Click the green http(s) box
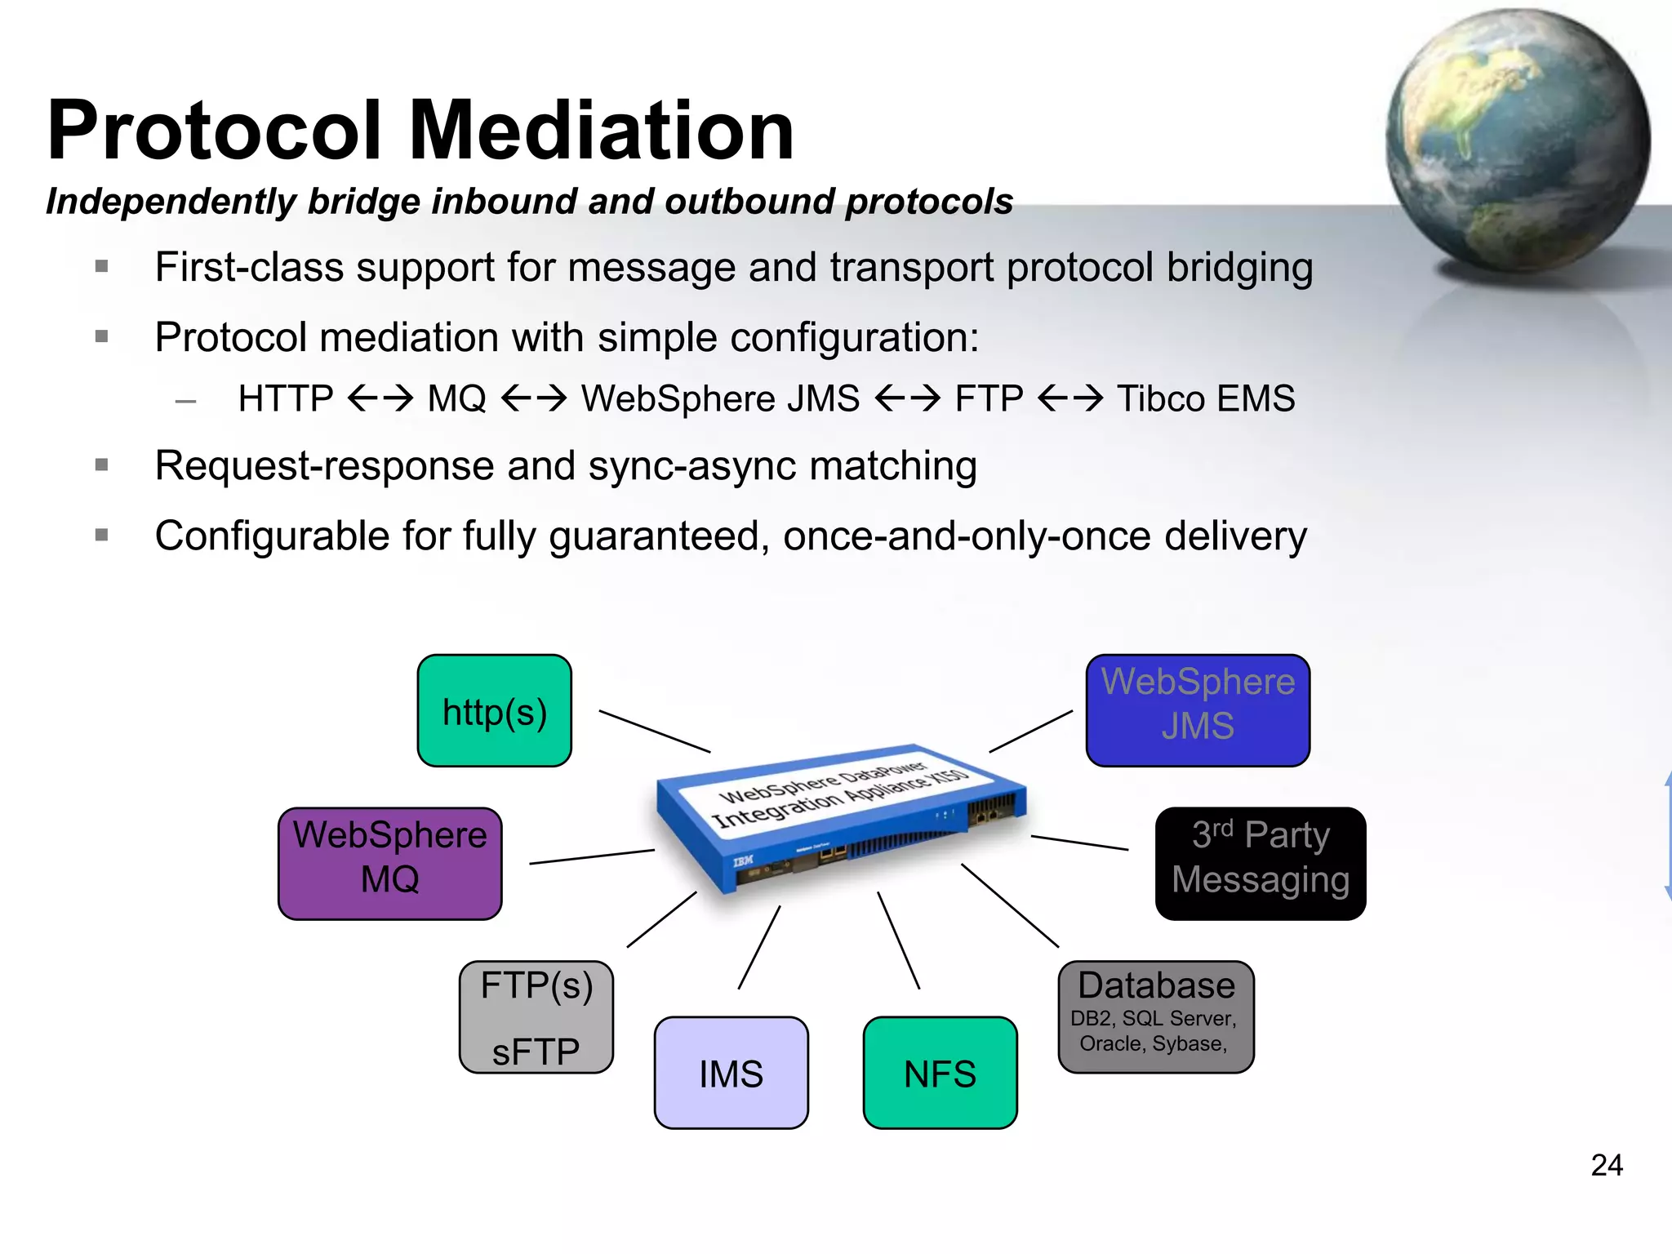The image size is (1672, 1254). coord(494,710)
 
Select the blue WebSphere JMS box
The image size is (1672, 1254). coord(1198,709)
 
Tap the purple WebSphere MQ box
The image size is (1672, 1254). coord(389,863)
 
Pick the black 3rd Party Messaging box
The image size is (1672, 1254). coord(1260,863)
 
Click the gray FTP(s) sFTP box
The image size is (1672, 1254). coord(536,1016)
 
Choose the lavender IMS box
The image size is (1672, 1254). coord(731,1072)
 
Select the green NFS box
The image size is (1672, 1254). coord(940,1072)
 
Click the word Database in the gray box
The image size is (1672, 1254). coord(1156,985)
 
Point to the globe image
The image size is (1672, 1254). coord(1517,139)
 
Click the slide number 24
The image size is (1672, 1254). coord(1606,1165)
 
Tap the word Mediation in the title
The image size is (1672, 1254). coord(602,131)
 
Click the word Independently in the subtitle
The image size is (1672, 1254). coord(171,202)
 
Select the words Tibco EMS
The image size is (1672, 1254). coord(1205,399)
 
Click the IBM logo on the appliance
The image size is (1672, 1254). coord(743,861)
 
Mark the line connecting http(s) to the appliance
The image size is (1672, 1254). coord(654,731)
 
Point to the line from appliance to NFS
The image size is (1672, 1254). coord(898,940)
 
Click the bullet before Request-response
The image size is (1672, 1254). coord(102,465)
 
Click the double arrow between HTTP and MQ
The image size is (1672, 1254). coord(380,399)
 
